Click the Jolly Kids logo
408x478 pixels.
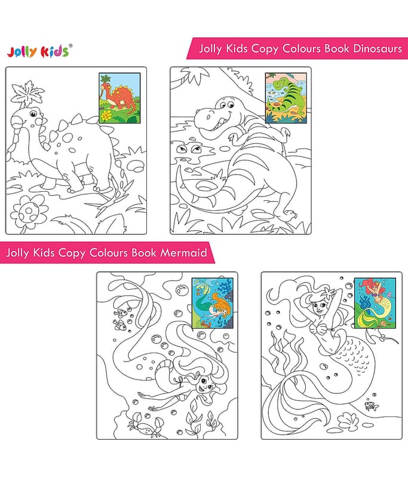click(38, 51)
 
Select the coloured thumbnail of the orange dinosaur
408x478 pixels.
click(119, 98)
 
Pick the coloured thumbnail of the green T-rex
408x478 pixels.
click(286, 98)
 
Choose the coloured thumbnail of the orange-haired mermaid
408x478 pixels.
click(213, 303)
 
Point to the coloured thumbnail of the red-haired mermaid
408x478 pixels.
click(375, 303)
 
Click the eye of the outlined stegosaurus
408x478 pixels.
click(33, 114)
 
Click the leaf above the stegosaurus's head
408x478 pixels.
click(27, 93)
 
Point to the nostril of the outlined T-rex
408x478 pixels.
click(209, 117)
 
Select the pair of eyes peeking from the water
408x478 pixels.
click(187, 149)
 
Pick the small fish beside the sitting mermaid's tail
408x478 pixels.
click(371, 406)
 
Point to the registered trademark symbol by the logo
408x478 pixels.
click(70, 46)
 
